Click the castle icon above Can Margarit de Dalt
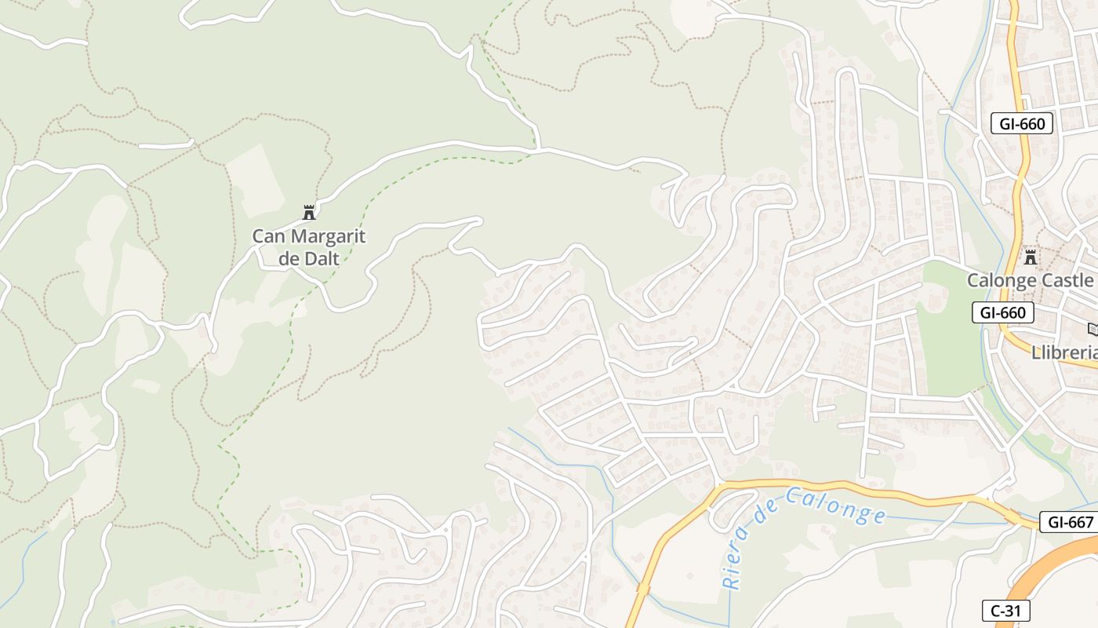[x=309, y=212]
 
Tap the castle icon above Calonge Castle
[x=1031, y=257]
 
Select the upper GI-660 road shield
[x=1021, y=123]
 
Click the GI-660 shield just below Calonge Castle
[x=1002, y=312]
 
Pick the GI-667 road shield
[x=1067, y=522]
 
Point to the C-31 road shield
[x=1005, y=611]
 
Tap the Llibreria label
[x=1063, y=353]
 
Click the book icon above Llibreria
[x=1093, y=330]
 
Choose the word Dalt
[x=322, y=257]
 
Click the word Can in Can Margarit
[x=265, y=235]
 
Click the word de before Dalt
[x=289, y=257]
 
